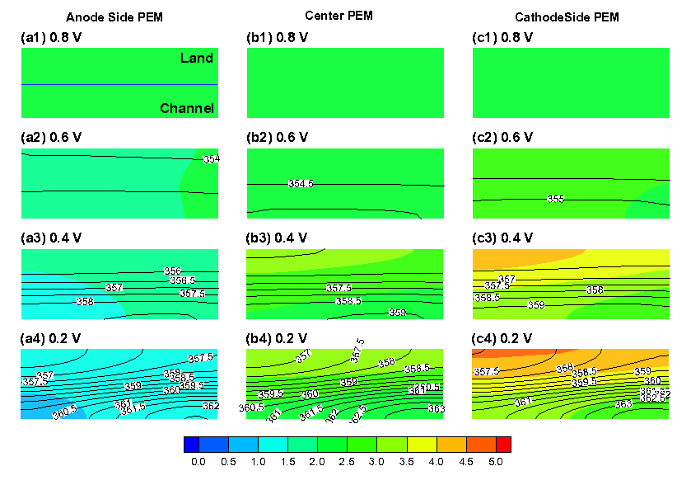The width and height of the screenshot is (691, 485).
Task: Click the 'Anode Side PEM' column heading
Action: tap(106, 16)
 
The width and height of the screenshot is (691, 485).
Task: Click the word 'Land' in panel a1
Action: tap(197, 59)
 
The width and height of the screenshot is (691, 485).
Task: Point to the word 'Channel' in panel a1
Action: tap(187, 109)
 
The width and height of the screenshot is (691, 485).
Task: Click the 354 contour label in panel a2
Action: tap(211, 158)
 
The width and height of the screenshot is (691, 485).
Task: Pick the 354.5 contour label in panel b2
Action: tap(301, 183)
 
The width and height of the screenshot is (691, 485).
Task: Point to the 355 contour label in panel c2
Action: tap(556, 199)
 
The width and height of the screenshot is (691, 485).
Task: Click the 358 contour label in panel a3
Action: tap(84, 302)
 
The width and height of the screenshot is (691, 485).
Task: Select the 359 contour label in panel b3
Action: tap(397, 313)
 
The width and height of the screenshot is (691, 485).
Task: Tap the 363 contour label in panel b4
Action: tap(436, 408)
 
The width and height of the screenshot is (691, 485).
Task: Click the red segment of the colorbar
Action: tap(503, 445)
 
